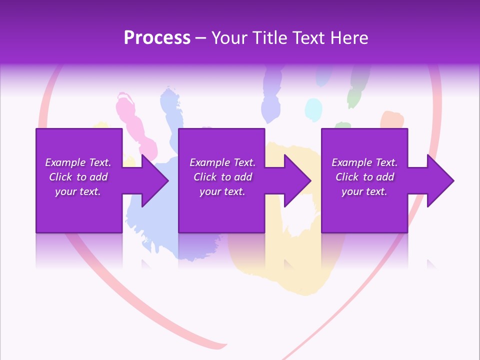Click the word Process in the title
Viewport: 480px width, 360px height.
point(157,38)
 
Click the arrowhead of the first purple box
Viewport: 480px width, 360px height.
point(152,180)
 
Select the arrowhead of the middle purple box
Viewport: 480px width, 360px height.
point(295,180)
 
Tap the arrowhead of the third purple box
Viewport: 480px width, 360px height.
point(438,180)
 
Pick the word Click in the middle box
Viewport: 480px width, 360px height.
point(205,177)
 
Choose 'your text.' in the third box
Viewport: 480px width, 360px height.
point(364,191)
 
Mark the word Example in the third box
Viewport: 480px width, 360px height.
point(351,162)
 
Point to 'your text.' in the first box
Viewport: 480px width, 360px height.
point(77,191)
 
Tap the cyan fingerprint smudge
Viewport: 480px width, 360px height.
point(313,109)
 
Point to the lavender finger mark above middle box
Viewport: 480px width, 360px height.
point(270,100)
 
